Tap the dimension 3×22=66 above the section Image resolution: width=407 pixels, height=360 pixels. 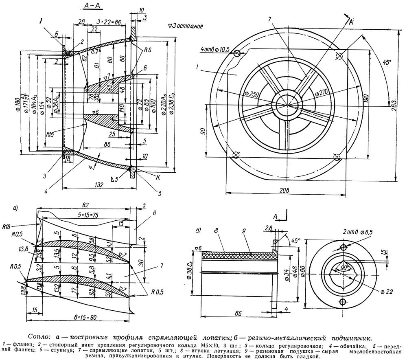pyautogui.click(x=110, y=21)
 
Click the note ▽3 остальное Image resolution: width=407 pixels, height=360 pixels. pyautogui.click(x=186, y=26)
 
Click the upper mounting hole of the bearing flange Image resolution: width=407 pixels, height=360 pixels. pyautogui.click(x=343, y=247)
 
